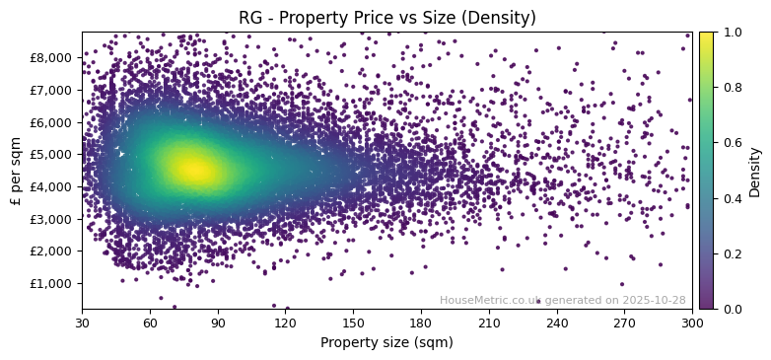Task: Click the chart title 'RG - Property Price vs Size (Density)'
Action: (387, 18)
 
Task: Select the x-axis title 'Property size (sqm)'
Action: (386, 342)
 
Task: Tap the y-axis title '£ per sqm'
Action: (16, 171)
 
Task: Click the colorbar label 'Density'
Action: (755, 171)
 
